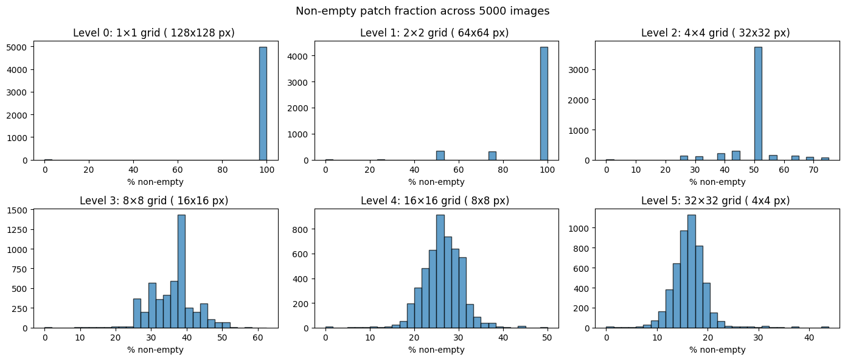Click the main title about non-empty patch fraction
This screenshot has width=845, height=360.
click(x=422, y=11)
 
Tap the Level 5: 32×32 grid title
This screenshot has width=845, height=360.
click(x=715, y=201)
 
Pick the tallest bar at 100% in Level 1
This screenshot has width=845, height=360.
click(x=543, y=103)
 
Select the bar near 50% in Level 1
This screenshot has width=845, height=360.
click(x=440, y=156)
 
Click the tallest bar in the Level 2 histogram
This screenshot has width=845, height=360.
click(x=758, y=103)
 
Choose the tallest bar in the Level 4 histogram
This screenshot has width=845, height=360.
click(x=440, y=271)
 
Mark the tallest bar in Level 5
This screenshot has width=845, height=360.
click(x=691, y=271)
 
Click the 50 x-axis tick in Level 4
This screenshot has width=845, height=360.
click(x=547, y=338)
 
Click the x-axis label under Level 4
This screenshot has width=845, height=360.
click(x=436, y=350)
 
